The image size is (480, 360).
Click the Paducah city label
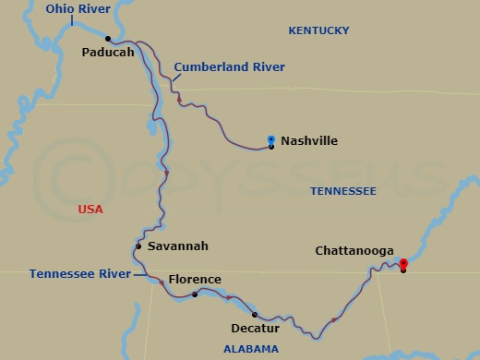108,53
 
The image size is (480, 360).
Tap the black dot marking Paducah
108,39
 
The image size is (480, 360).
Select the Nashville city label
309,141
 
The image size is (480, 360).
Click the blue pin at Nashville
271,140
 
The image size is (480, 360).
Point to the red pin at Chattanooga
403,264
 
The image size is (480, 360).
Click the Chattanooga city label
354,251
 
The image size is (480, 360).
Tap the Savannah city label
178,246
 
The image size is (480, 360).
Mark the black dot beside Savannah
138,246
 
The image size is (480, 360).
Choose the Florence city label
194,280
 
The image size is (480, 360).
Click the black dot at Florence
195,294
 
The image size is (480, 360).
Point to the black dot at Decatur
255,315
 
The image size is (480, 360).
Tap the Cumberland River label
229,67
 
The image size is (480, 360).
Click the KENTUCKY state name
318,31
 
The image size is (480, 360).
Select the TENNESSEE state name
342,191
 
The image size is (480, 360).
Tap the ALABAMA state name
250,349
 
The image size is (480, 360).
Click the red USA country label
90,210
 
